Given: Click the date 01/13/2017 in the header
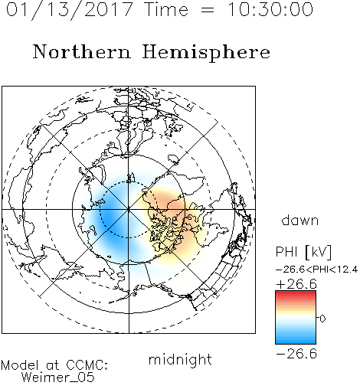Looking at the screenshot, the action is pos(69,10).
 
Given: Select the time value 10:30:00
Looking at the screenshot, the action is pos(270,9).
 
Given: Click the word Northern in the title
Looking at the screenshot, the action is pos(81,51).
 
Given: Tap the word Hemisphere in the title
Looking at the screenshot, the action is pos(206,53).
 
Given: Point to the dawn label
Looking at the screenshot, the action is pos(300,220).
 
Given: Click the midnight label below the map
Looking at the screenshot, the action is pos(180,360).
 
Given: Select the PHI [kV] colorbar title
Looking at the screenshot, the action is pos(304,252).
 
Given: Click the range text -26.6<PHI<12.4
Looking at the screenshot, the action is pos(316,270).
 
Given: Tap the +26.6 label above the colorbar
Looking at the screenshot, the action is pos(296,284).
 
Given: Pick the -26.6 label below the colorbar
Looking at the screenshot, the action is pos(296,354).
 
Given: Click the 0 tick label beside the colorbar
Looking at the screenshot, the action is pos(322,319).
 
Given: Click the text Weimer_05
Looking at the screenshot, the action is pos(58,378).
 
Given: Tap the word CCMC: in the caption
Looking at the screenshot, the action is pos(87,365).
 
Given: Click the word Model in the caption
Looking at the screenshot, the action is pos(20,365).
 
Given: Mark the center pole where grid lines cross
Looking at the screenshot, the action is pos(129,210).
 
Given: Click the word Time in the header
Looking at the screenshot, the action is pos(166,9).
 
